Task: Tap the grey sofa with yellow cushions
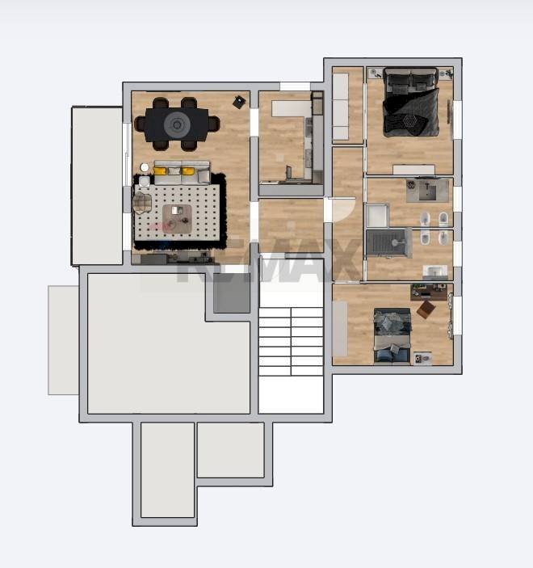(x=182, y=172)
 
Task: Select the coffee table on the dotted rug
(x=177, y=217)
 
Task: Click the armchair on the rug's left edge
(x=142, y=202)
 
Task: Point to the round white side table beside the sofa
(x=145, y=168)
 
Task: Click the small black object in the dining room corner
(x=239, y=102)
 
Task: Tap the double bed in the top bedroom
(x=410, y=103)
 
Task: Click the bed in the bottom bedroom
(x=392, y=335)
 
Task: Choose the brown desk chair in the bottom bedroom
(x=426, y=309)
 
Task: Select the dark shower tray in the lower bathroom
(x=388, y=242)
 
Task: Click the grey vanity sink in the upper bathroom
(x=427, y=190)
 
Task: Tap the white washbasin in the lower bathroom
(x=434, y=271)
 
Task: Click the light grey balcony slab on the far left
(x=63, y=339)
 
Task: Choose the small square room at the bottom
(x=230, y=450)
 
